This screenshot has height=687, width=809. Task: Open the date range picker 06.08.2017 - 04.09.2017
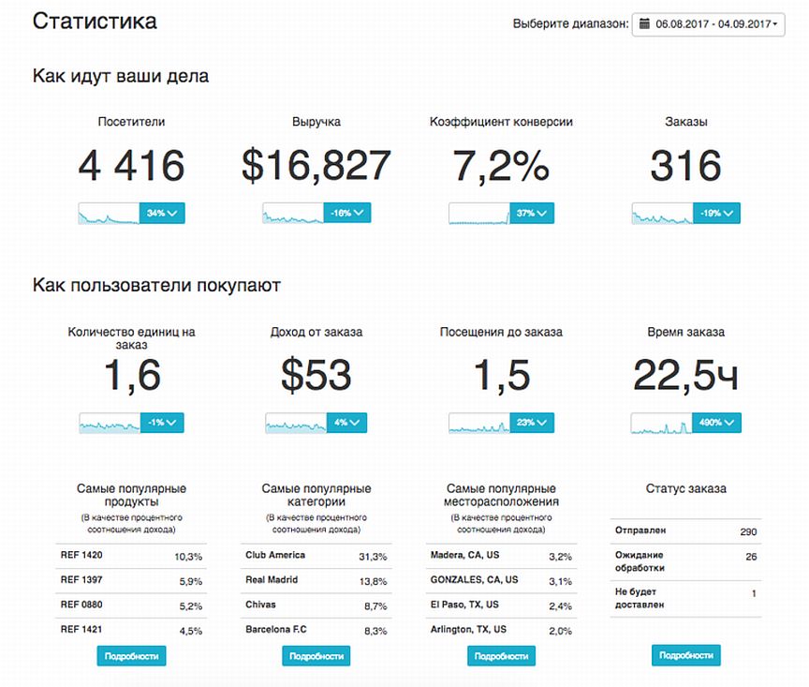pos(708,24)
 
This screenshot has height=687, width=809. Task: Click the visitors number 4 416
pos(132,165)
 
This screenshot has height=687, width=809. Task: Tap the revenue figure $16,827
pos(316,165)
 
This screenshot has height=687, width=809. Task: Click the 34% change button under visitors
pos(162,213)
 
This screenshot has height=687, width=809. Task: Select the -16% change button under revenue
pos(347,213)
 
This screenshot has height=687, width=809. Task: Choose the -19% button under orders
pos(716,213)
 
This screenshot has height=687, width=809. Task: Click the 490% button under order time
pos(716,423)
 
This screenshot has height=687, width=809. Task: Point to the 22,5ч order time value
pos(685,375)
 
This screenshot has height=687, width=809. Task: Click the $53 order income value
pos(316,375)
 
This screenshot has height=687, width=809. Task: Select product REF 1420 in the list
pos(81,555)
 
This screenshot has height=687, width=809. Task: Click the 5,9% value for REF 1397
pos(191,581)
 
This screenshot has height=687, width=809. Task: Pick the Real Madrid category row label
pos(272,579)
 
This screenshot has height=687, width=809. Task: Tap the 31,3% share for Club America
pos(373,557)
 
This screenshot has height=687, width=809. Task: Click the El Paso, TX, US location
pos(464,605)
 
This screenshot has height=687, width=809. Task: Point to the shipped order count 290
pos(748,531)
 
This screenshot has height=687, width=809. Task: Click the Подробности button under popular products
pos(132,656)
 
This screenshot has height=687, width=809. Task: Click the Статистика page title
pos(95,22)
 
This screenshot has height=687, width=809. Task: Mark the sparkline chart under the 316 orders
pos(663,214)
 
